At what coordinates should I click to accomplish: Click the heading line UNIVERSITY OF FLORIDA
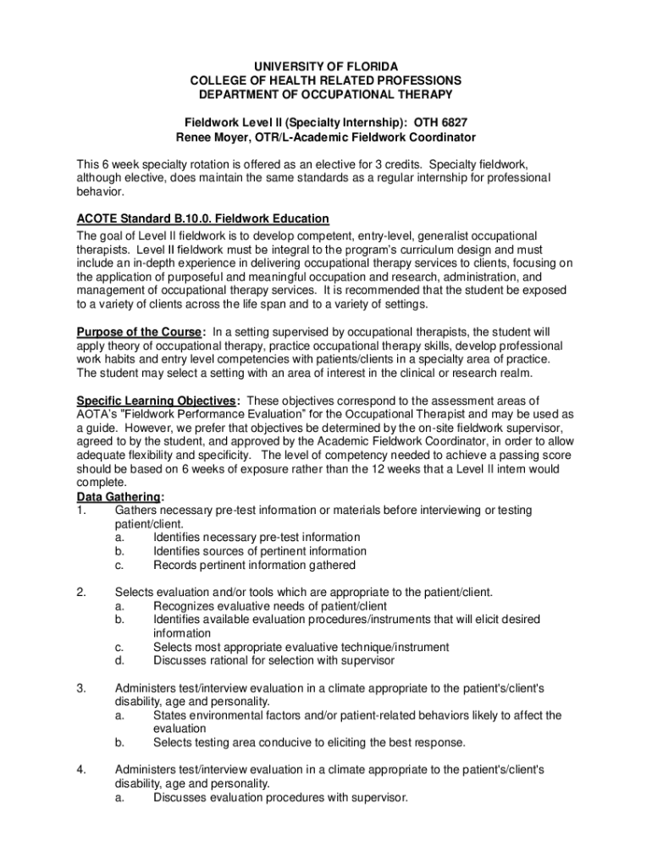tap(325, 66)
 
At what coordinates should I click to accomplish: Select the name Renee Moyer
tap(213, 137)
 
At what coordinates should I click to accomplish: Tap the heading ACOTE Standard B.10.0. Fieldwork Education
tap(202, 219)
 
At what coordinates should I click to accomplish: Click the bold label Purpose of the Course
tap(140, 331)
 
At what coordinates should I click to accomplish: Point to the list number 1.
tap(81, 511)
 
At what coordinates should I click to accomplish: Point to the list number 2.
tap(81, 593)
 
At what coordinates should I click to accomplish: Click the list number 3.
tap(81, 688)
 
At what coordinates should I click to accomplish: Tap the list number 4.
tap(81, 770)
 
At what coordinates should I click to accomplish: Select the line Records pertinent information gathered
tap(254, 566)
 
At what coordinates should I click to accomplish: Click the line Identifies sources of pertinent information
tap(260, 551)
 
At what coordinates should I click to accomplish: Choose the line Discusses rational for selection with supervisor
tap(274, 661)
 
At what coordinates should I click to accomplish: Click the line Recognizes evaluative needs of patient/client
tap(270, 606)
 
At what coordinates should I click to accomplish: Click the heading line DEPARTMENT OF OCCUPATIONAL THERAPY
tap(325, 94)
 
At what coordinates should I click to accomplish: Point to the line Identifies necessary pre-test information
tap(257, 538)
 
